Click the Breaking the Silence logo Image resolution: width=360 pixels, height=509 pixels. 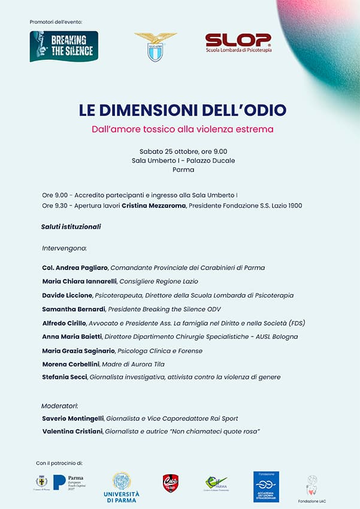(x=63, y=47)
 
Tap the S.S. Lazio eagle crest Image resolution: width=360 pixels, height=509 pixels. (x=155, y=47)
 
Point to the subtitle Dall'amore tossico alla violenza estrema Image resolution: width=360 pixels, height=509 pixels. (x=182, y=129)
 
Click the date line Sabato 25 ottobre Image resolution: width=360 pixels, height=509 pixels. (x=183, y=151)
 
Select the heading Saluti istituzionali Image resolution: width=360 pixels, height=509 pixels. (x=71, y=227)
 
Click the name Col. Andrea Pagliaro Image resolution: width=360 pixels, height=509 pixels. (x=75, y=268)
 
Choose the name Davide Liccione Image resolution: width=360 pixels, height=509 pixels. (x=66, y=295)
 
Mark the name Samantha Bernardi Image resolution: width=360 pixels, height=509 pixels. (x=74, y=309)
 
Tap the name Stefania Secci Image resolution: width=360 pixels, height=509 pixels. (x=65, y=377)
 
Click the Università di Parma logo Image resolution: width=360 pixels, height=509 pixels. (x=122, y=487)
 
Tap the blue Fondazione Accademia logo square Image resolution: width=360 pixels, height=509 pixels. (x=266, y=486)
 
